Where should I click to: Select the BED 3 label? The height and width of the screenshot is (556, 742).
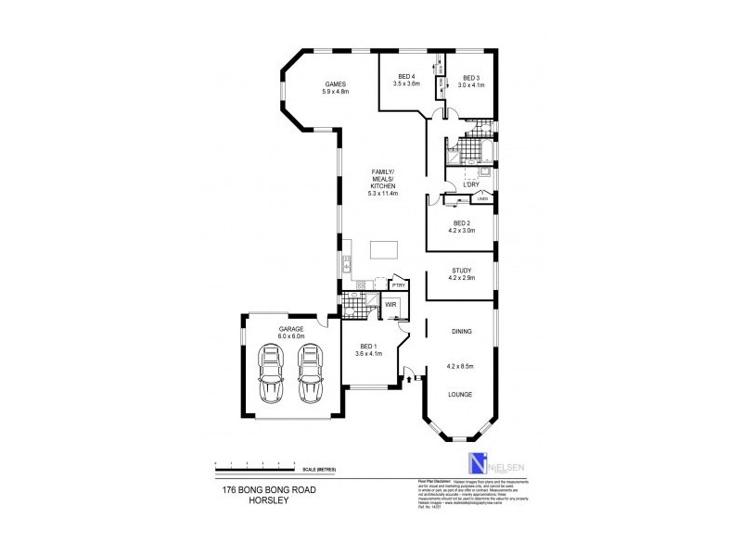[471, 77]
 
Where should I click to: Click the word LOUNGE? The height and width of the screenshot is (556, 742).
[461, 395]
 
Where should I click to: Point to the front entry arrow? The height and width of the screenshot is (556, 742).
[408, 377]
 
